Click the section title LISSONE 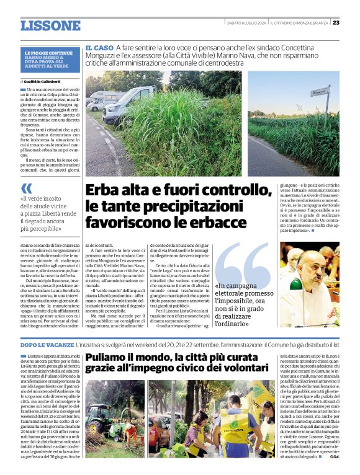[x=50, y=26]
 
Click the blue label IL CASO [x=99, y=48]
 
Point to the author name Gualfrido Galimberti [x=43, y=81]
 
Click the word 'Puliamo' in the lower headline [x=110, y=358]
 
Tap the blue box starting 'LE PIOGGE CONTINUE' [x=48, y=59]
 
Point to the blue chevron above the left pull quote [x=26, y=187]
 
